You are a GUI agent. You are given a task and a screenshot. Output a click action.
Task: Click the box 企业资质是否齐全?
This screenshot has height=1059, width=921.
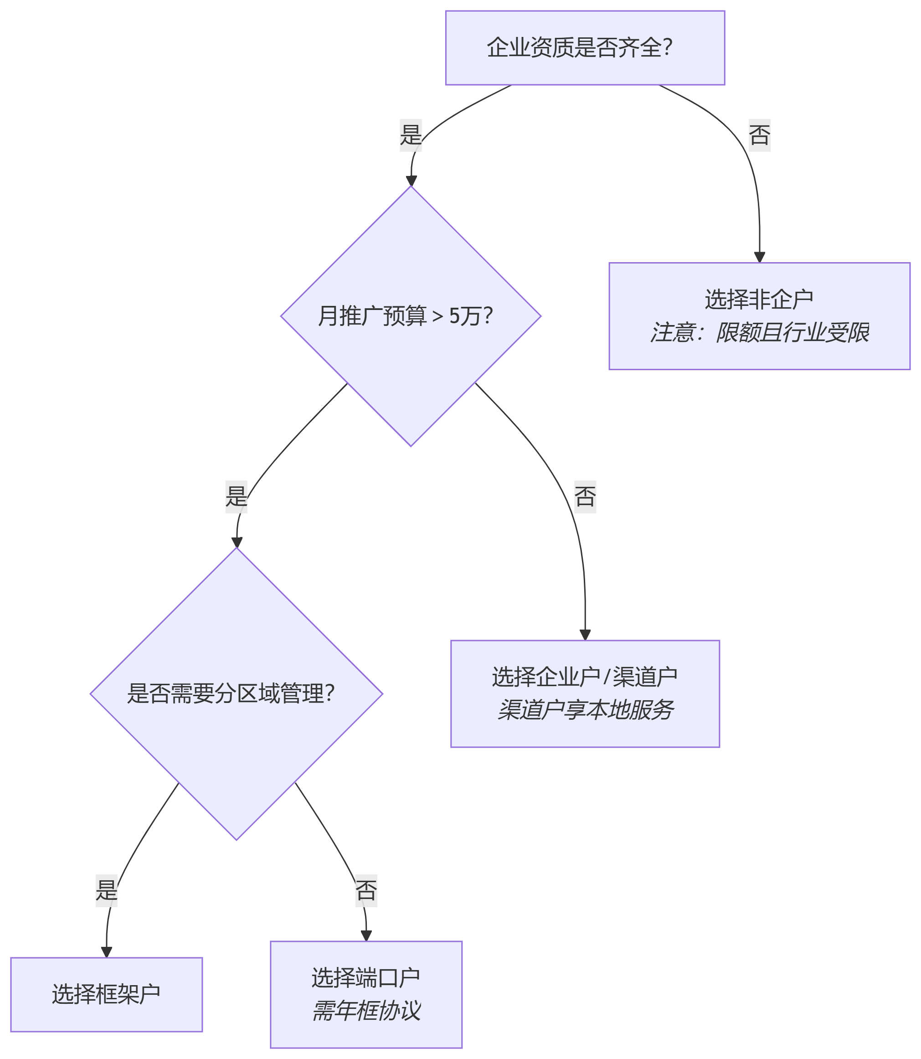[x=585, y=48]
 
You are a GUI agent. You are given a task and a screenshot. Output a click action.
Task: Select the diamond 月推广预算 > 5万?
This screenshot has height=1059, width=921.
[x=411, y=316]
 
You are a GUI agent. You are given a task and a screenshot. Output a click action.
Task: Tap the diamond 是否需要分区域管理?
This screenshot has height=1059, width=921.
[x=237, y=693]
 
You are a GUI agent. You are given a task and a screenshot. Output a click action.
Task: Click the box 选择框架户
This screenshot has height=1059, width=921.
[x=106, y=994]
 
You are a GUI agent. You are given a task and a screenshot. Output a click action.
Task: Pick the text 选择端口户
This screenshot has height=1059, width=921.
[x=366, y=978]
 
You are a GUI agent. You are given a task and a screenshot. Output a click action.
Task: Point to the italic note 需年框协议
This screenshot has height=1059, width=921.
[x=366, y=1011]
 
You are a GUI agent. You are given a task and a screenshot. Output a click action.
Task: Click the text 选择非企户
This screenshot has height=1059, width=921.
[x=759, y=299]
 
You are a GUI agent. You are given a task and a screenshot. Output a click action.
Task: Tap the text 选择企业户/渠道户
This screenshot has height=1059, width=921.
[x=585, y=677]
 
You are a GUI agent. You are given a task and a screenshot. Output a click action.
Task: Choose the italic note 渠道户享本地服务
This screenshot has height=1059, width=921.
[x=585, y=710]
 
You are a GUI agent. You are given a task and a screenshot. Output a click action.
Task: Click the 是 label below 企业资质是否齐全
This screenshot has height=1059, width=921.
[x=411, y=135]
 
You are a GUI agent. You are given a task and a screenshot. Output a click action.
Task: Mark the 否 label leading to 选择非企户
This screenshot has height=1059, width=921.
[x=759, y=135]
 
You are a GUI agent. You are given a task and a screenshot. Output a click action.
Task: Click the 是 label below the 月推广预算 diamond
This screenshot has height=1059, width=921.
[x=237, y=496]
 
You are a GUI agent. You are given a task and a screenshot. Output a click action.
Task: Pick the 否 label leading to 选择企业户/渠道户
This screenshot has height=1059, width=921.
[x=585, y=496]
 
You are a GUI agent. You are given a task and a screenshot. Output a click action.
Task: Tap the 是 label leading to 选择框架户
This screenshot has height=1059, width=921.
[x=106, y=890]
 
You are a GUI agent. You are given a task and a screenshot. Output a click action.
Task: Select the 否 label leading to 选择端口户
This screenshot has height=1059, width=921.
[x=366, y=890]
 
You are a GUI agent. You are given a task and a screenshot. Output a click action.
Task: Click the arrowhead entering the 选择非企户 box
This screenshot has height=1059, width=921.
[x=759, y=258]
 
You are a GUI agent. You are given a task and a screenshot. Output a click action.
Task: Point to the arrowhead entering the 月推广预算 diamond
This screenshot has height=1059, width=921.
[x=411, y=181]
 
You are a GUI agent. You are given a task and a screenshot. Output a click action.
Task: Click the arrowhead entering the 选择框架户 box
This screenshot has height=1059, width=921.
[x=106, y=951]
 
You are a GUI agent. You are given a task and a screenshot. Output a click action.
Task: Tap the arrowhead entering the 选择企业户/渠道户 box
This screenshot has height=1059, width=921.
[x=585, y=635]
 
